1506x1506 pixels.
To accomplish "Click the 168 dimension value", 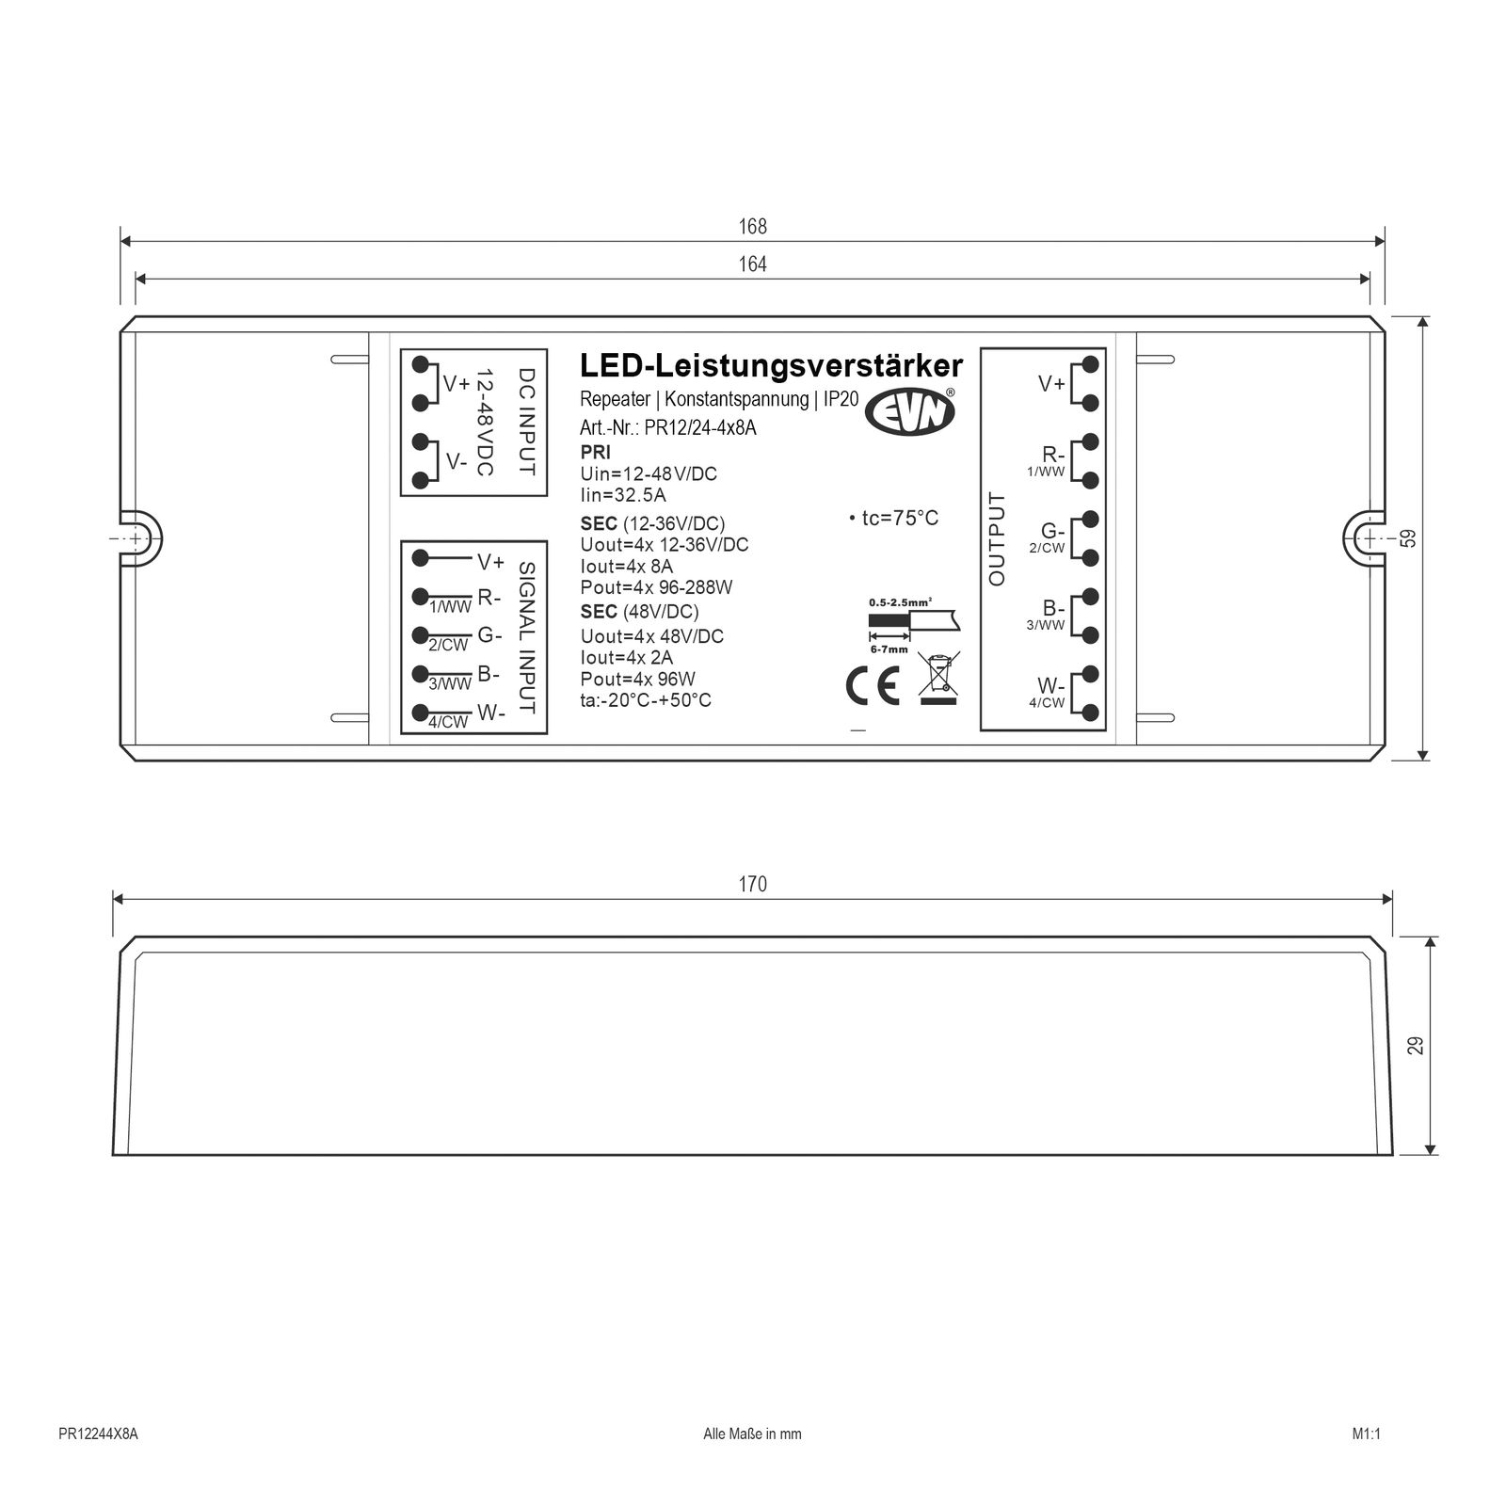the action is pyautogui.click(x=753, y=227).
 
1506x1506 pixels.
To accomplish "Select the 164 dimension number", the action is pyautogui.click(x=753, y=264).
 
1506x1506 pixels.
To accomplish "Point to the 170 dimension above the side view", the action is pyautogui.click(x=753, y=884).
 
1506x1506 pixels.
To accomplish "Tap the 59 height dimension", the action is pyautogui.click(x=1408, y=538).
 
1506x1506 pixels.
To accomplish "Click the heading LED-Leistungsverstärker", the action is pyautogui.click(x=771, y=365).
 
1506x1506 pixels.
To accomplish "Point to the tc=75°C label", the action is pyautogui.click(x=893, y=519).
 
